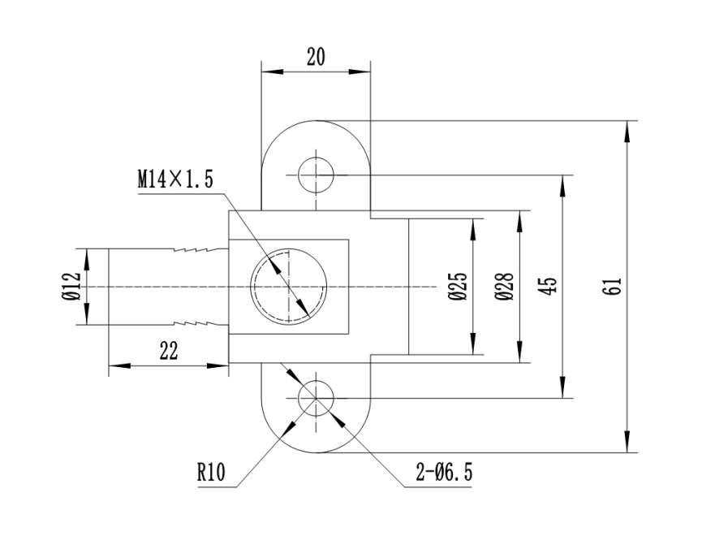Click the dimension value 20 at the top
(x=317, y=56)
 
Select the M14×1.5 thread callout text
(x=174, y=180)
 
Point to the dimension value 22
(x=168, y=351)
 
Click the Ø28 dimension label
(x=504, y=287)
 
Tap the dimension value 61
(x=614, y=286)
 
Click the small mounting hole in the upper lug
(x=316, y=175)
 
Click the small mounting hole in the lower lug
(x=316, y=398)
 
